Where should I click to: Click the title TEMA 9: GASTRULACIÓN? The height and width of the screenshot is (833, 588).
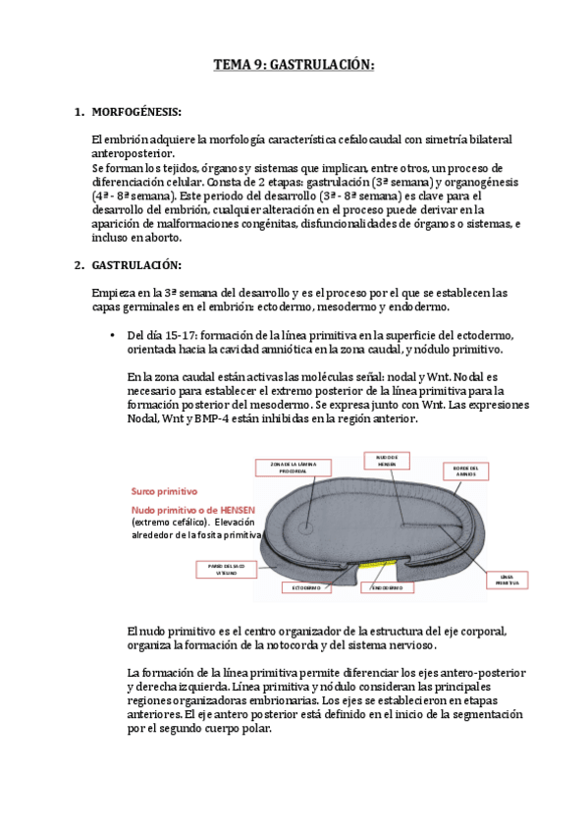294,65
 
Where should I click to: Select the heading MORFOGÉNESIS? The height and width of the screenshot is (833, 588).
135,113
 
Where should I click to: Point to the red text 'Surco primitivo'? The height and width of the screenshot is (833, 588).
165,490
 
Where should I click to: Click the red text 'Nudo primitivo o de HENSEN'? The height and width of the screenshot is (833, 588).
193,510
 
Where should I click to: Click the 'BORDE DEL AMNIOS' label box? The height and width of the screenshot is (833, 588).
465,472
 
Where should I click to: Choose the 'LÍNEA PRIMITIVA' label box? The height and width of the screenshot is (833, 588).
508,580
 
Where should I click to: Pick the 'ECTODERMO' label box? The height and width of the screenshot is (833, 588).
308,587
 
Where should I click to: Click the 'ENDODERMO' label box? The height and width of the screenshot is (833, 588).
387,587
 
